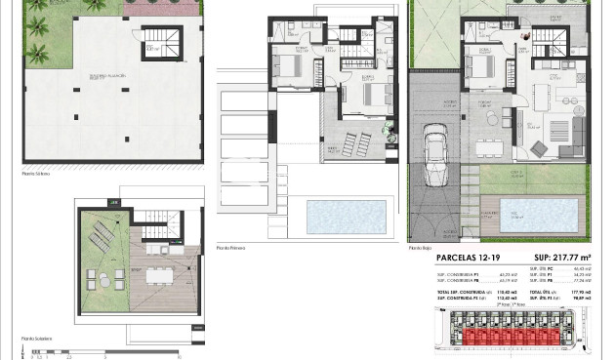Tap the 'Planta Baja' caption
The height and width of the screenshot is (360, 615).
coord(421,248)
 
